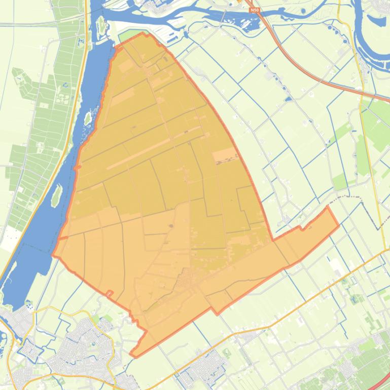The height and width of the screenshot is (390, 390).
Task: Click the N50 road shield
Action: click(255, 9)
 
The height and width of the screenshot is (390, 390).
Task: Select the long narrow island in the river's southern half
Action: click(57, 195)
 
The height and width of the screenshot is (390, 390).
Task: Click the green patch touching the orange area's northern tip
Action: click(127, 37)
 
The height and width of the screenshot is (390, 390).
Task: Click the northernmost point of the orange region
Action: click(143, 33)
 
